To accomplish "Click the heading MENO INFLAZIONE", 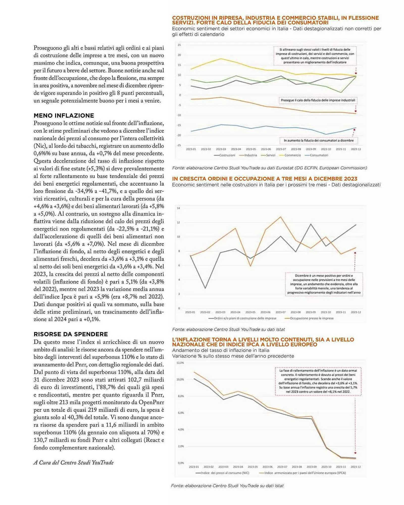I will coord(64,116).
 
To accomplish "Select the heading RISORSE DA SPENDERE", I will coord(71,334).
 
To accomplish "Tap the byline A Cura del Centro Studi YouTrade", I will coord(73,462).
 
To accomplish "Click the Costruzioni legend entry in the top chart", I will coord(224,155).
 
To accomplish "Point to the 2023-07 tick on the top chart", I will coord(281,149).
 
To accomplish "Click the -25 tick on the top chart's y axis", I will coord(179,145).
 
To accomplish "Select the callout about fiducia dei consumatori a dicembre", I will coord(319,140).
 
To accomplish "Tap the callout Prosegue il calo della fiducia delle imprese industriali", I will coord(318,100).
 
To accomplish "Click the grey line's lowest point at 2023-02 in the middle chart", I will coord(205,288).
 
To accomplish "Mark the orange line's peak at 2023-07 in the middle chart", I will coord(281,217).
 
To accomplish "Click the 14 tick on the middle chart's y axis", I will coord(179,208).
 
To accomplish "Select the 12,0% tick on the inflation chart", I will coord(180,363).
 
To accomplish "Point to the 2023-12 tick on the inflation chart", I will coord(356,467).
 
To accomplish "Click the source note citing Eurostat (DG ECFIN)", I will coord(269,168).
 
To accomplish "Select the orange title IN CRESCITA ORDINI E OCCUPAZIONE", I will coord(265,179).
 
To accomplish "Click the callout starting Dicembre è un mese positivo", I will coord(324,284).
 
